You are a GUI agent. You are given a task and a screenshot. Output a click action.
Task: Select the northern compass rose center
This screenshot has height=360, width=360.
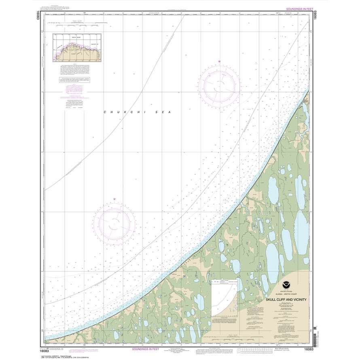click(219, 84)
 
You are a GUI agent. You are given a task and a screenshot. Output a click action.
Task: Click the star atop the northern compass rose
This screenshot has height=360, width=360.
click(219, 61)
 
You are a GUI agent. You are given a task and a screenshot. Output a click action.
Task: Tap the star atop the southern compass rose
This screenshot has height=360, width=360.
click(114, 199)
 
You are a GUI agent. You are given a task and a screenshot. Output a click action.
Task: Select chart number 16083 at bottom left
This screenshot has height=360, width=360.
click(51, 349)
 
